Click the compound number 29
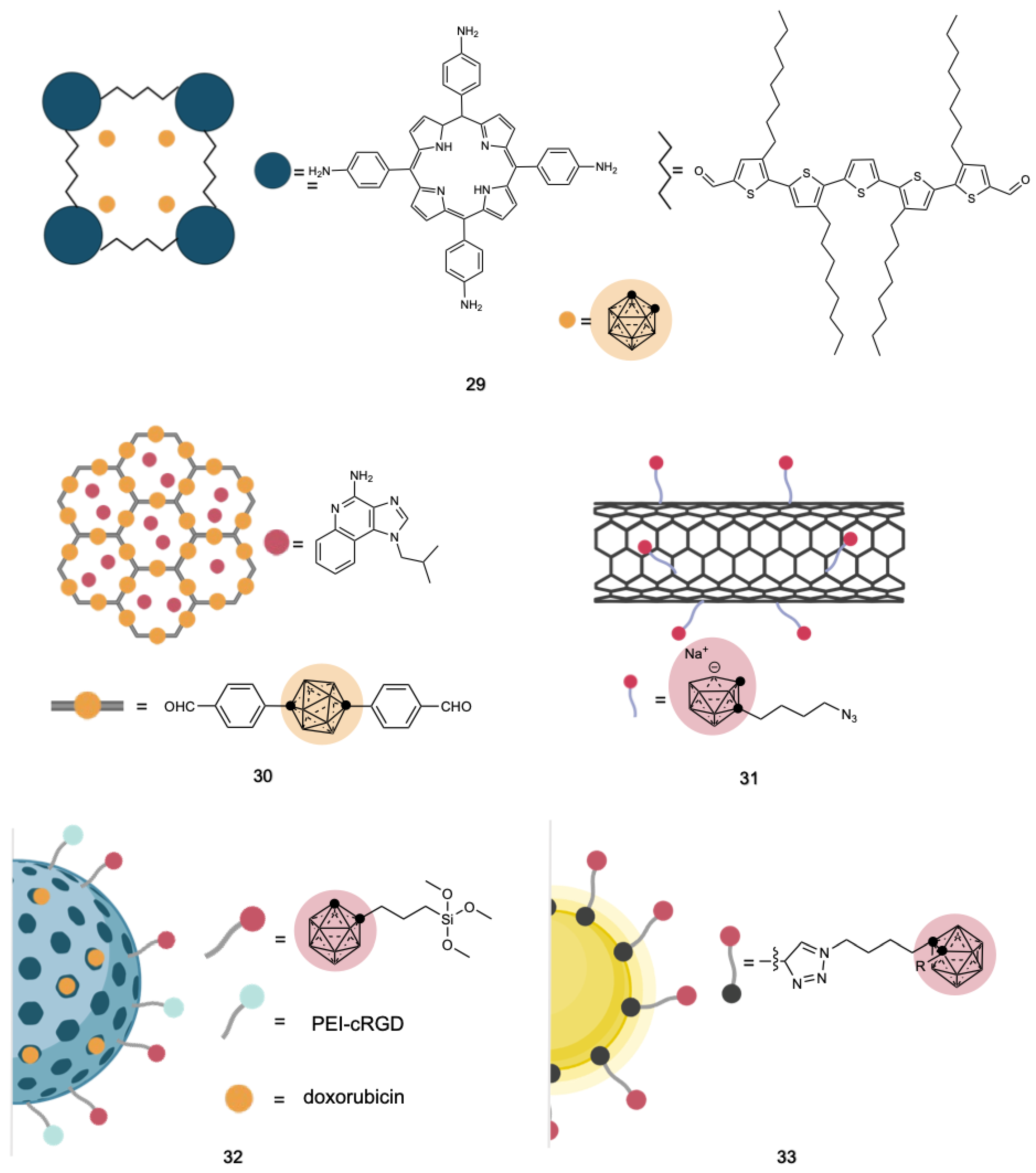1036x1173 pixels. click(475, 384)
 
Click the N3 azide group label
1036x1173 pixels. click(849, 716)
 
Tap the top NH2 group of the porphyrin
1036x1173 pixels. click(468, 31)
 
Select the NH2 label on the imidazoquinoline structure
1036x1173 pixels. click(362, 476)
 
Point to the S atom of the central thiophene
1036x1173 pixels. click(860, 193)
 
